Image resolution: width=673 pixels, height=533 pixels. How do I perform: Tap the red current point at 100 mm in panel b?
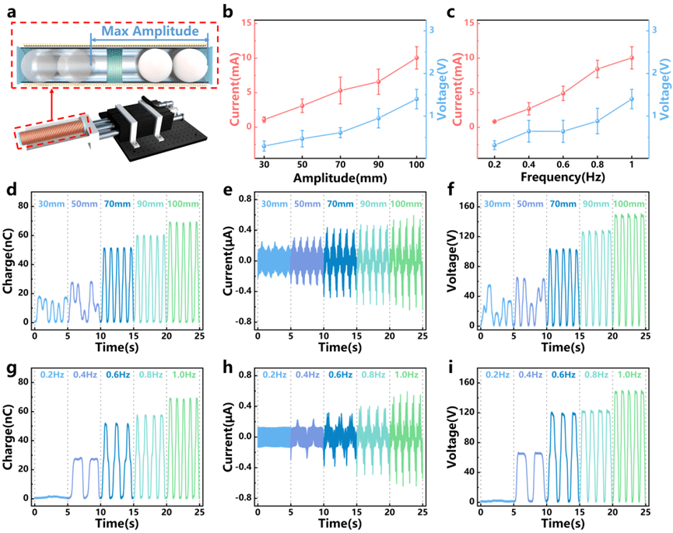coord(417,58)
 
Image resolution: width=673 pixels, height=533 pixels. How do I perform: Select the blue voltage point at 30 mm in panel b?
coord(265,146)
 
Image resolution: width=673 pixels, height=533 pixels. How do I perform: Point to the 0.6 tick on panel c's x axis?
coord(563,165)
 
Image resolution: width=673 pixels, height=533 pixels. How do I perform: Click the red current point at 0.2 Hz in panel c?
coord(494,122)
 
